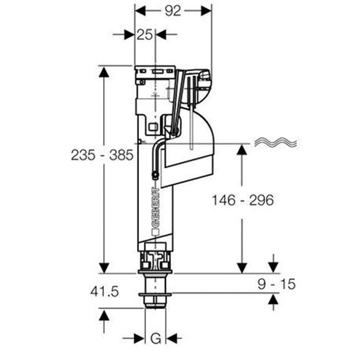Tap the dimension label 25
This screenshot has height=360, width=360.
[x=145, y=34]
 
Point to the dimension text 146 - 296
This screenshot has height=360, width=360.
[x=242, y=200]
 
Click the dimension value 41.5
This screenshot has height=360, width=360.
[x=104, y=291]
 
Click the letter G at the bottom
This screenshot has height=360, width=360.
[x=155, y=338]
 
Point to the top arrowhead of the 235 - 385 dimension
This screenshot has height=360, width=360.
[x=104, y=71]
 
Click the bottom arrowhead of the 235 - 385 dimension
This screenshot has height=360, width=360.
[x=104, y=267]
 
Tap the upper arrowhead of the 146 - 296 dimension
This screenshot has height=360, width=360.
[x=242, y=149]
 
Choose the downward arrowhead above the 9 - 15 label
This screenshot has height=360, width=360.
[x=273, y=267]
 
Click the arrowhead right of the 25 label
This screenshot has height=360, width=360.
[x=161, y=34]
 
